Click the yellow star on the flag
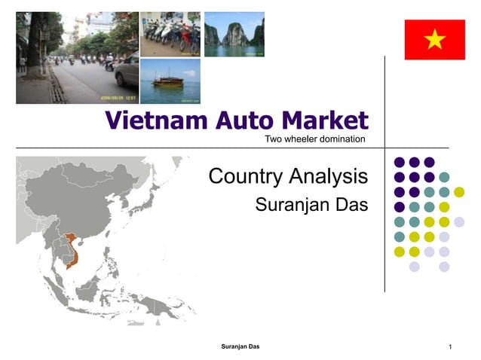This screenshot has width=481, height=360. [435, 39]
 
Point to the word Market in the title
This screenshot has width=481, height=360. [325, 121]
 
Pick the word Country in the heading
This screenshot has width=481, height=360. [247, 176]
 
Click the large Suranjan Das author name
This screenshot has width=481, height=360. [311, 204]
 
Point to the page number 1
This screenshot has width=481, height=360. [449, 347]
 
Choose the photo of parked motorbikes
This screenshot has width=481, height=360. [170, 33]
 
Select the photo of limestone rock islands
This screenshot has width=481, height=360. [234, 33]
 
